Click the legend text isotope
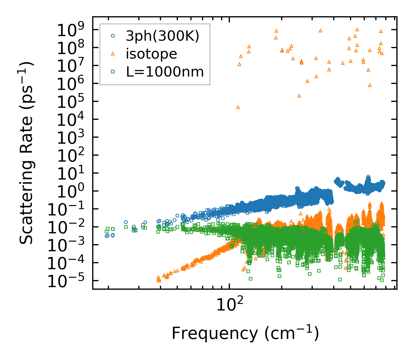(x=151, y=54)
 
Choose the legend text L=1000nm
(x=165, y=72)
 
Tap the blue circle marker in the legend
(x=113, y=36)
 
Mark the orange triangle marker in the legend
(x=113, y=54)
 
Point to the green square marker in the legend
(x=113, y=72)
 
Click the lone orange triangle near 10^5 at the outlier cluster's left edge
(x=238, y=107)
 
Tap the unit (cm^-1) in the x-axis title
(x=292, y=333)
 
